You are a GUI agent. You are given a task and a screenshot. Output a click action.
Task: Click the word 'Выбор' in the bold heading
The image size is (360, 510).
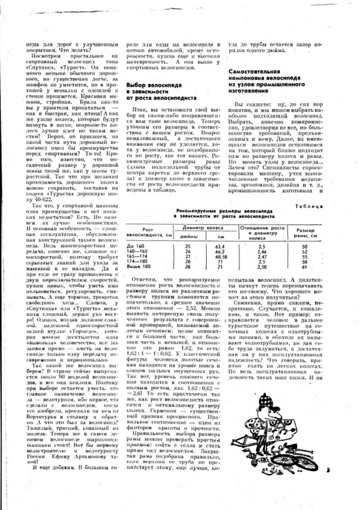pos(137,85)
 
